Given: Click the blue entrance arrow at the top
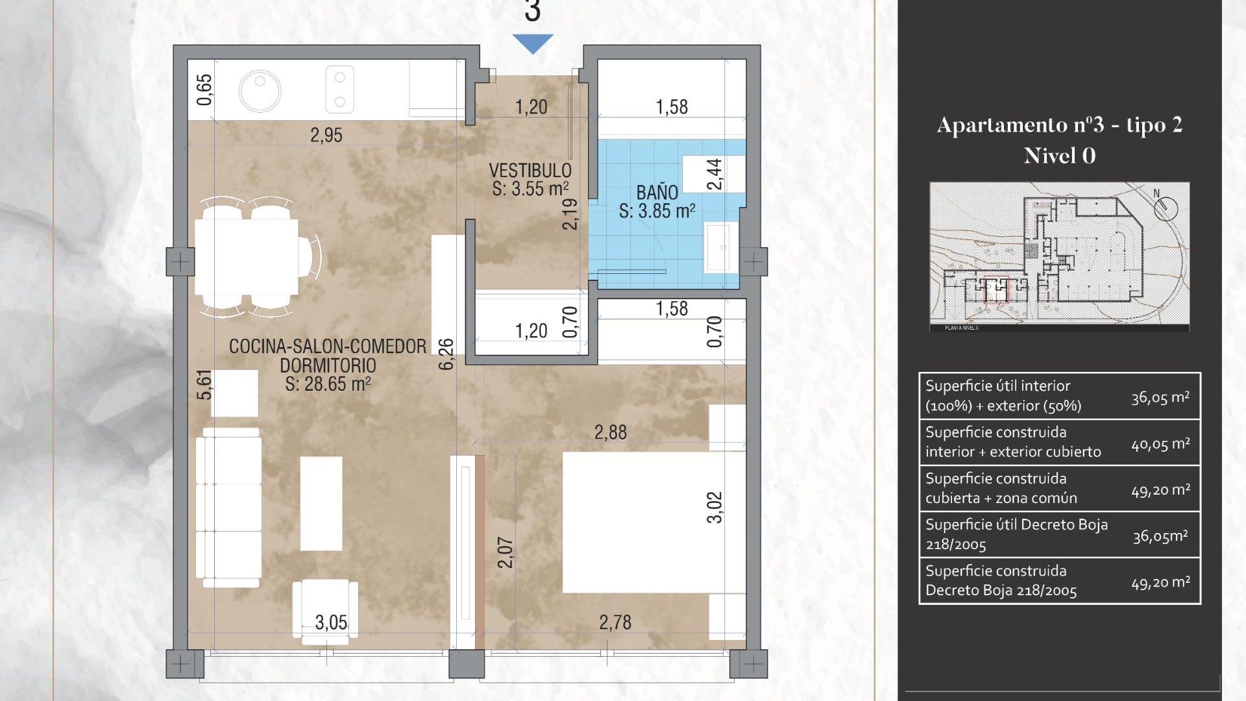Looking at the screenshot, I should [532, 43].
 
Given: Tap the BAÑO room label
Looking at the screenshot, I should [657, 193].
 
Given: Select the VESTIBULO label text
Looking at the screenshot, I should [530, 171].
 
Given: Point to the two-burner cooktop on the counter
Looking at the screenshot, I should [339, 90].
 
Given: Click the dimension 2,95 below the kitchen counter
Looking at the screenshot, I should [326, 135].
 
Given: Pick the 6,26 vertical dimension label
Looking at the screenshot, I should [446, 354].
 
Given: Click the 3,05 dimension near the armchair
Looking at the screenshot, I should [331, 622].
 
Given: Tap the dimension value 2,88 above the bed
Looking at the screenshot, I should [610, 432].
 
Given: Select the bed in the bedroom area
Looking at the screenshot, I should [652, 523].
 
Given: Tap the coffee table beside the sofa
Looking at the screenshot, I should [321, 503].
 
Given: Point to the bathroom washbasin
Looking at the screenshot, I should [720, 247].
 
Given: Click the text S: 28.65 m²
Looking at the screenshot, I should [328, 384].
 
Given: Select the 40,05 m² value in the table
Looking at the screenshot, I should [1160, 444].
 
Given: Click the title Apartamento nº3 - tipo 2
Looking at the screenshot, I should [1059, 125].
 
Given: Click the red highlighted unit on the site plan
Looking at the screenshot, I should [996, 290].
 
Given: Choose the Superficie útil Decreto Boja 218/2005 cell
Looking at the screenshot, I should [1016, 534].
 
